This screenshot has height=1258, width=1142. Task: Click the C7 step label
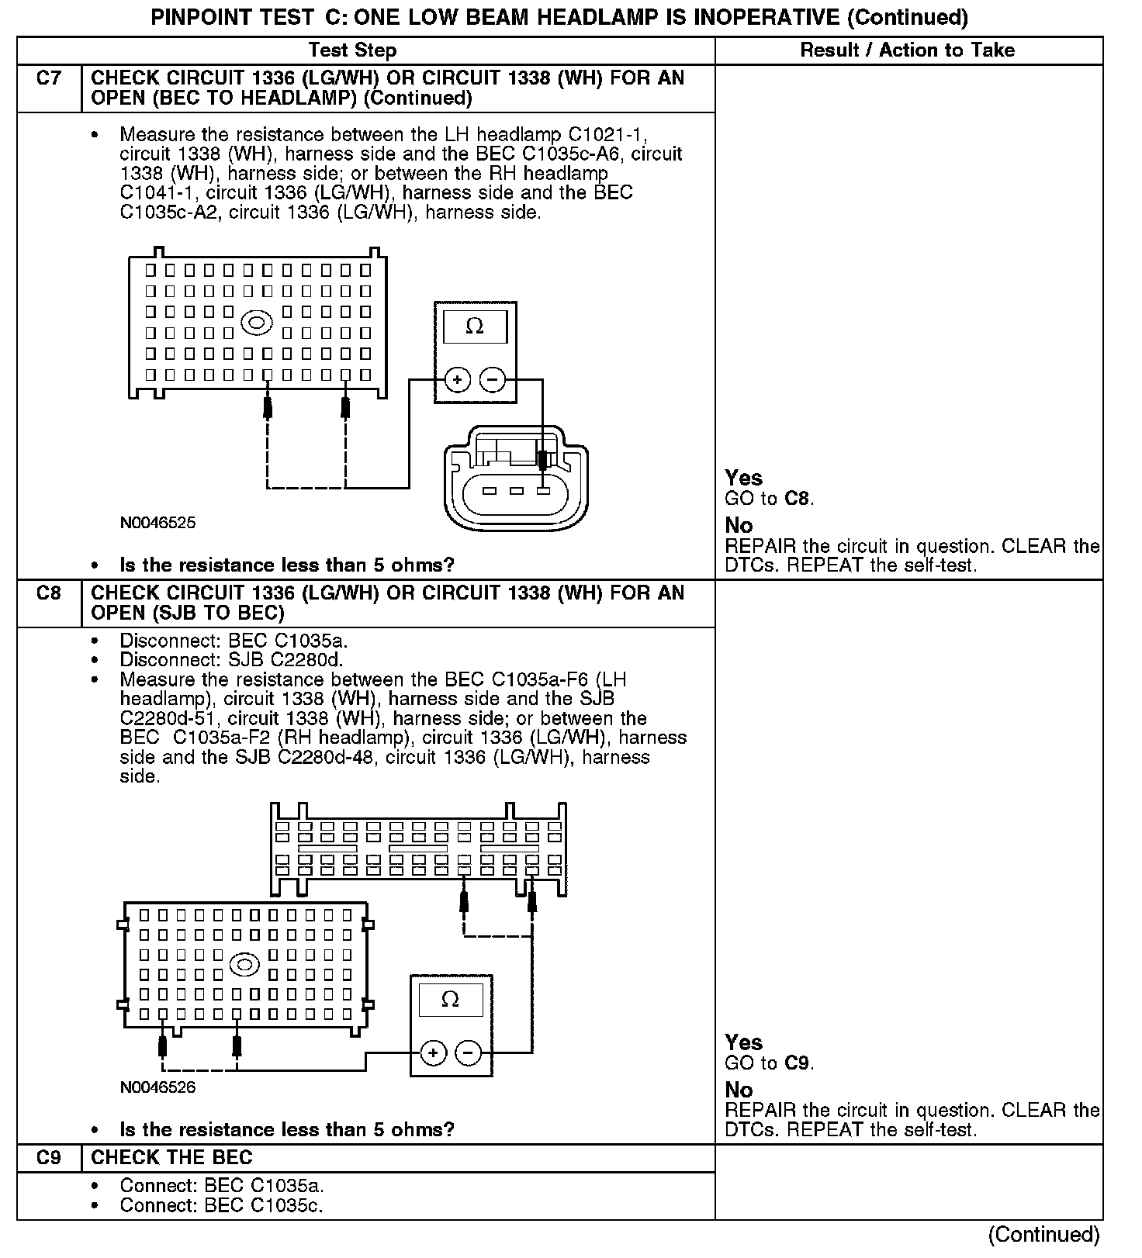48,78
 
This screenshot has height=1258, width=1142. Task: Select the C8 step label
48,593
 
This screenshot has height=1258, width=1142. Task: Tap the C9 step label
48,1158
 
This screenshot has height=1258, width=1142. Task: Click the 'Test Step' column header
352,50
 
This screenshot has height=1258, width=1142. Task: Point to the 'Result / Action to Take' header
907,50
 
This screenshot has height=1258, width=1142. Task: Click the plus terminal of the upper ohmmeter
458,380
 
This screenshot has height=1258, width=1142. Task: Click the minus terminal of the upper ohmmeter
493,380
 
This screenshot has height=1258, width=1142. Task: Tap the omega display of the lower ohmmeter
450,999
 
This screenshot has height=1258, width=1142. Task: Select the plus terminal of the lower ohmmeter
433,1052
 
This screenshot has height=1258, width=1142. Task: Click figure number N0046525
157,523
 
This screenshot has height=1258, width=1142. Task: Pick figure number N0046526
157,1087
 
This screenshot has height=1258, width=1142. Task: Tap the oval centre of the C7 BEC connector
257,323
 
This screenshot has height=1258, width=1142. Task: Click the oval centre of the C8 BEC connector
245,965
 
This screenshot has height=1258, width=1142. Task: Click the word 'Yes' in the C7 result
743,478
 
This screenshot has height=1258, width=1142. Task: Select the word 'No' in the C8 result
739,1090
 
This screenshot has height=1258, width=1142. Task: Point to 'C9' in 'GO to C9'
798,1063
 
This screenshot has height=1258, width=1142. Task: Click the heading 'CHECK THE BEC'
171,1158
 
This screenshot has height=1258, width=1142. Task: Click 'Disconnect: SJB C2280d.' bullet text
231,661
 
